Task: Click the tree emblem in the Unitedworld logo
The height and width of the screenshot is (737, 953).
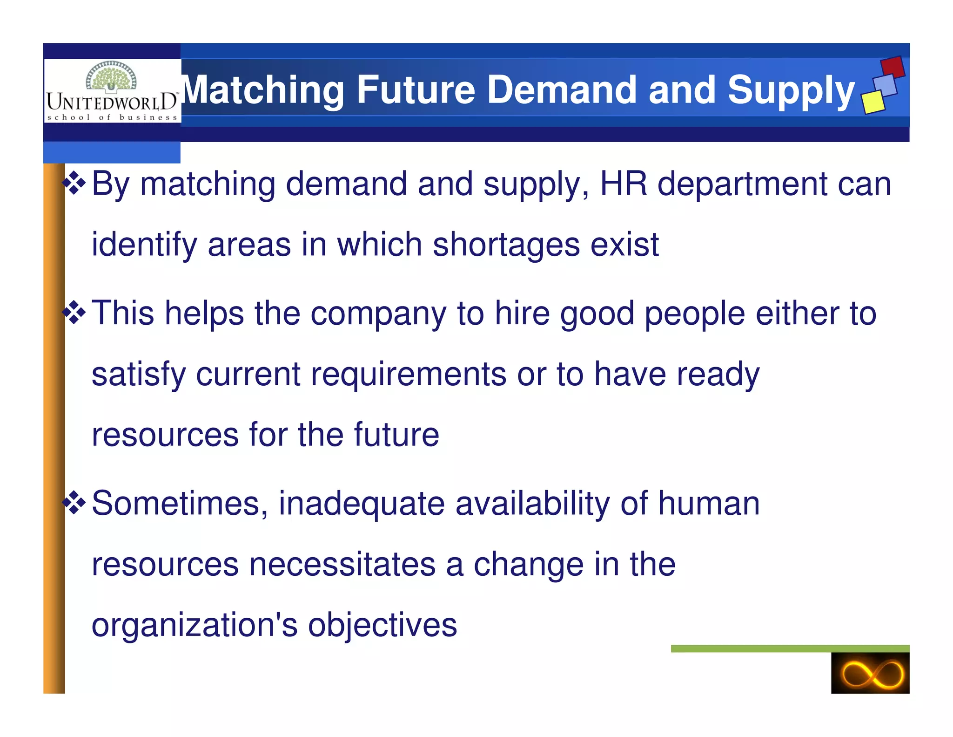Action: (111, 76)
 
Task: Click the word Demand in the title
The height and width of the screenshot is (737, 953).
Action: (561, 89)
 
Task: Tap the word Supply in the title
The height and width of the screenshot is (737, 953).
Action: (791, 90)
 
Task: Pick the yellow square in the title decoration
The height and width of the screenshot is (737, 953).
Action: (873, 101)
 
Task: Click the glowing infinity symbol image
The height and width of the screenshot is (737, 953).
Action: (870, 673)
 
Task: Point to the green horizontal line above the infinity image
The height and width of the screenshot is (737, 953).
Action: (790, 648)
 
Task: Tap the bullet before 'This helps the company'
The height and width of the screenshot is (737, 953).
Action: (74, 312)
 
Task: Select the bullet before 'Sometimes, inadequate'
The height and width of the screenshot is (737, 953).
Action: (74, 503)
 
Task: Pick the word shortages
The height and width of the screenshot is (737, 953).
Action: (506, 245)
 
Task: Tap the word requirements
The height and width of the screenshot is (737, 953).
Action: (408, 374)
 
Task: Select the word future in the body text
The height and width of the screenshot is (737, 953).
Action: (396, 434)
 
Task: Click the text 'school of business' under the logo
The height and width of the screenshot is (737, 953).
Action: (112, 117)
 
